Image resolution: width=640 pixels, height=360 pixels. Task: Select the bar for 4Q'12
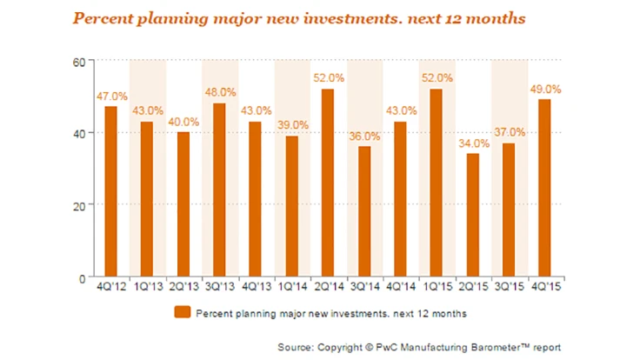[x=110, y=191]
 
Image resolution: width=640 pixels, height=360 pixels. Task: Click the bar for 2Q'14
[x=327, y=183]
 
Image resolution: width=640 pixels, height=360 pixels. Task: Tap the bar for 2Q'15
[x=471, y=215]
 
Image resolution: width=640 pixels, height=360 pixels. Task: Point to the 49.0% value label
[x=544, y=89]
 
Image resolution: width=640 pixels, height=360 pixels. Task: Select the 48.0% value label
[x=219, y=93]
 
